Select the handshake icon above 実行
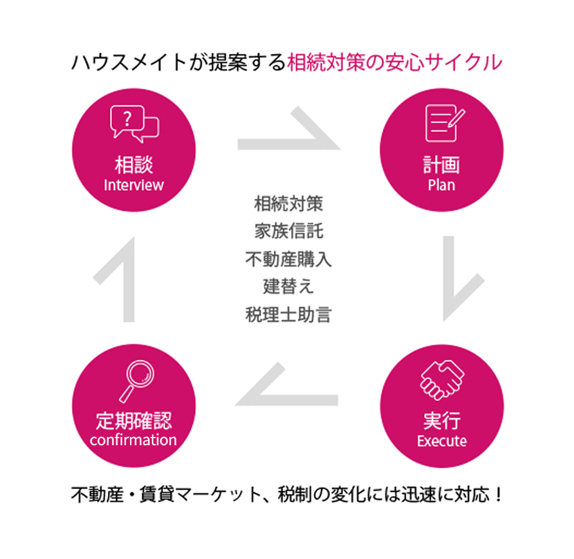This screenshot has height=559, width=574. point(442,380)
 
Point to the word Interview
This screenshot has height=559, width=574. point(134,185)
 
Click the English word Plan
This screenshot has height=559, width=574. point(441,185)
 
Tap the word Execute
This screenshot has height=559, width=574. point(441,441)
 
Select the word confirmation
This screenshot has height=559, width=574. point(133,440)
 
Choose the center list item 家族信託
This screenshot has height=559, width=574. point(288,232)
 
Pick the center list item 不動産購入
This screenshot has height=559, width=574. point(288,260)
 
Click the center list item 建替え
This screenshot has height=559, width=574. point(288,287)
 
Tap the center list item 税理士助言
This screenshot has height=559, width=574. point(288,315)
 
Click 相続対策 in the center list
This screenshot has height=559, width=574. point(288,204)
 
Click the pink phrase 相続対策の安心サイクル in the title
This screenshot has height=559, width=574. point(394,63)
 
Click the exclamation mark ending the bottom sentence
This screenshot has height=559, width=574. point(499,496)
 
